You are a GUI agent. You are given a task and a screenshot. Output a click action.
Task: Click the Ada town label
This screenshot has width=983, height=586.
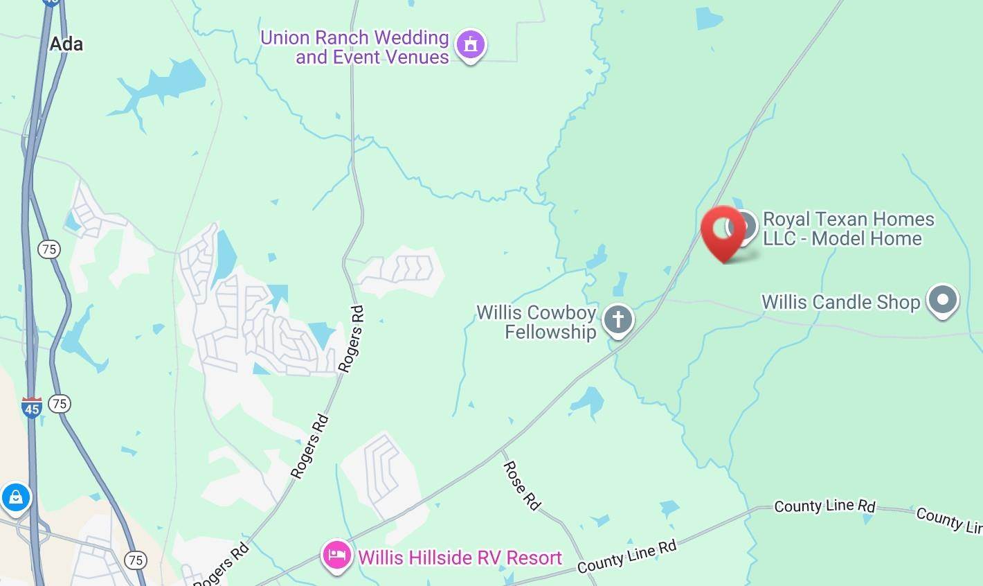[x=66, y=44]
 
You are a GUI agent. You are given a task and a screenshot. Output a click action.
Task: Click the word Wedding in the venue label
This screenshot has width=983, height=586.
[x=410, y=37]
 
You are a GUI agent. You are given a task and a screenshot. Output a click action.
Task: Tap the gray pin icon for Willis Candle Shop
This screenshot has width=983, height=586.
[x=942, y=301]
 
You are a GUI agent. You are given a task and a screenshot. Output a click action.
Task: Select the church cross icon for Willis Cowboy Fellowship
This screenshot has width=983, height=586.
[x=617, y=320]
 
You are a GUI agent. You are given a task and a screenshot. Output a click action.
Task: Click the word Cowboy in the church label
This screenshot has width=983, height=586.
[x=561, y=312]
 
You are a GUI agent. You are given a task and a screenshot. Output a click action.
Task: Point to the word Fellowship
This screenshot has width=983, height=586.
[x=550, y=332]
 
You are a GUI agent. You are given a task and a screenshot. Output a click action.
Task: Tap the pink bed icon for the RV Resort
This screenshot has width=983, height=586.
[x=337, y=556]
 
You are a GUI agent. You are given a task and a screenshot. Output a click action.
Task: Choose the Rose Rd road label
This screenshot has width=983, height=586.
[x=521, y=486]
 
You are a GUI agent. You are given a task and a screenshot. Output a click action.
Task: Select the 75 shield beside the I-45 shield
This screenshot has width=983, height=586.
[x=60, y=403]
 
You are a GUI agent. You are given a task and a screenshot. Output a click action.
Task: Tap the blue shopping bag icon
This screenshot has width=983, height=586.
[x=15, y=497]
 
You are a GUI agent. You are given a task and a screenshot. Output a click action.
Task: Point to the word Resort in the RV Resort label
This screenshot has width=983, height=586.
[x=534, y=557]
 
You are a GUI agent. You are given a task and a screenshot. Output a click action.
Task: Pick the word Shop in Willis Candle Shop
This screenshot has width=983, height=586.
[x=898, y=302]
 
